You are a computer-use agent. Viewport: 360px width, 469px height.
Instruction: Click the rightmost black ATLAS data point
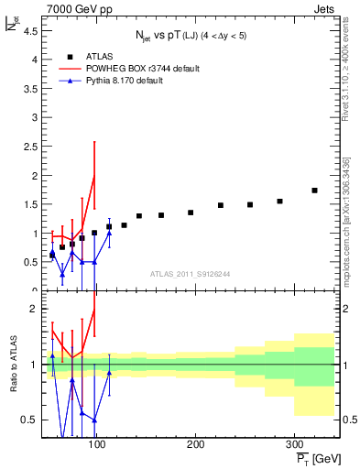coord(314,191)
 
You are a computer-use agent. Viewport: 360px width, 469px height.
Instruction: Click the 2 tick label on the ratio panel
coord(33,309)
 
